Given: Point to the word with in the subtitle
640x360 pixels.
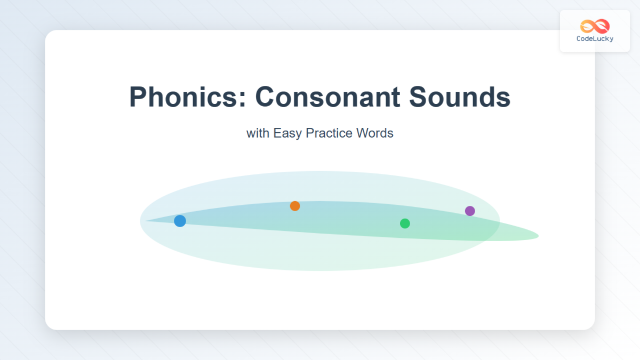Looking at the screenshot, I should point(258,133).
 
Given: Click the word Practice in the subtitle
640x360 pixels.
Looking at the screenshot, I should point(329,133).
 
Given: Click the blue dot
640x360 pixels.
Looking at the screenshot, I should point(180,221).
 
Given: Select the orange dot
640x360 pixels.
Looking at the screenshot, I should point(295,206).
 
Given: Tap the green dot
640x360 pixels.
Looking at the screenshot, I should point(405,223).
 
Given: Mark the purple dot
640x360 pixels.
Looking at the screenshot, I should point(470,211).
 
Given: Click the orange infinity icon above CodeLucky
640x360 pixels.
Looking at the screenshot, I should point(595,26).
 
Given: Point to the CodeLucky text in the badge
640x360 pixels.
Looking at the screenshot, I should point(595,39).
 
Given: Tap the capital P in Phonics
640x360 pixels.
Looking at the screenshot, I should point(138,97).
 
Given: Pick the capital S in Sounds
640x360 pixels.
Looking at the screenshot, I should point(419,97).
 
